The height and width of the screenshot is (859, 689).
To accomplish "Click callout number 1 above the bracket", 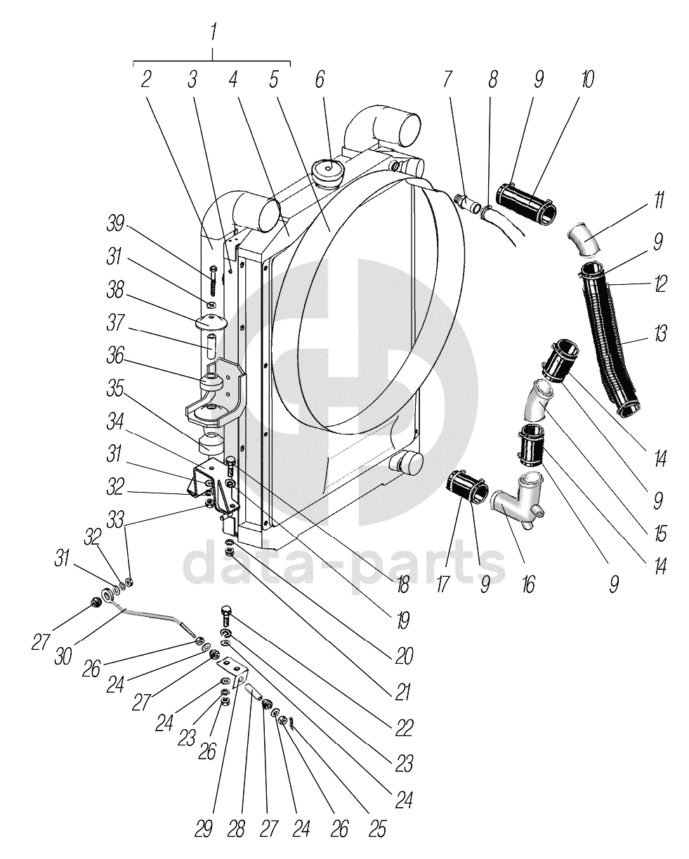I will [x=214, y=32].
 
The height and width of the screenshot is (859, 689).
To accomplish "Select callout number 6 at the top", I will [x=320, y=79].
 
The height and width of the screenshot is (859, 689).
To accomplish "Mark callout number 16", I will [x=528, y=582].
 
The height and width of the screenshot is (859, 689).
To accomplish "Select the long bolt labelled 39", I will [x=212, y=281].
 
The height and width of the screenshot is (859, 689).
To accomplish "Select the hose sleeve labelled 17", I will [x=466, y=487].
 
